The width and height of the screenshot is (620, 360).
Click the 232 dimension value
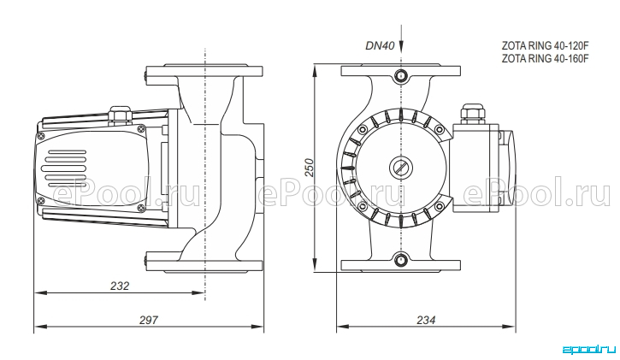pyautogui.click(x=120, y=286)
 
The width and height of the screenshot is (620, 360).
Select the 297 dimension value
pyautogui.click(x=148, y=320)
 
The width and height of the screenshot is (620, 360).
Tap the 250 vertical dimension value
pyautogui.click(x=310, y=168)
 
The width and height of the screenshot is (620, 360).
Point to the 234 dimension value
pyautogui.click(x=426, y=320)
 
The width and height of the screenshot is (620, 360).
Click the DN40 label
pyautogui.click(x=380, y=46)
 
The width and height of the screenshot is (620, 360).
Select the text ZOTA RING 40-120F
pyautogui.click(x=546, y=46)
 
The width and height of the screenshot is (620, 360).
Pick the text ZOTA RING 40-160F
pyautogui.click(x=546, y=58)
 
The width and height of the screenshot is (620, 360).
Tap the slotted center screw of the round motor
pyautogui.click(x=401, y=168)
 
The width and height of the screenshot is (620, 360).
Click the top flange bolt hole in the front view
pyautogui.click(x=401, y=75)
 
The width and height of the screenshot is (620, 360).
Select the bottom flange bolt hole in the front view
pyautogui.click(x=401, y=260)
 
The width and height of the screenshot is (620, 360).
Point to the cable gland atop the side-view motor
pyautogui.click(x=121, y=115)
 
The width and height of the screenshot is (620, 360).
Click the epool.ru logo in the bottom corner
pyautogui.click(x=588, y=350)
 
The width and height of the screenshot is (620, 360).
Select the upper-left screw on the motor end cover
pyautogui.click(x=41, y=136)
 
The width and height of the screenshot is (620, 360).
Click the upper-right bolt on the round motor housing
pyautogui.click(x=439, y=130)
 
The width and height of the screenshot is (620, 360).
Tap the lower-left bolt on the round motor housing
pyautogui.click(x=362, y=206)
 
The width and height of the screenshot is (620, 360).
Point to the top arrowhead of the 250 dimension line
pyautogui.click(x=316, y=72)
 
